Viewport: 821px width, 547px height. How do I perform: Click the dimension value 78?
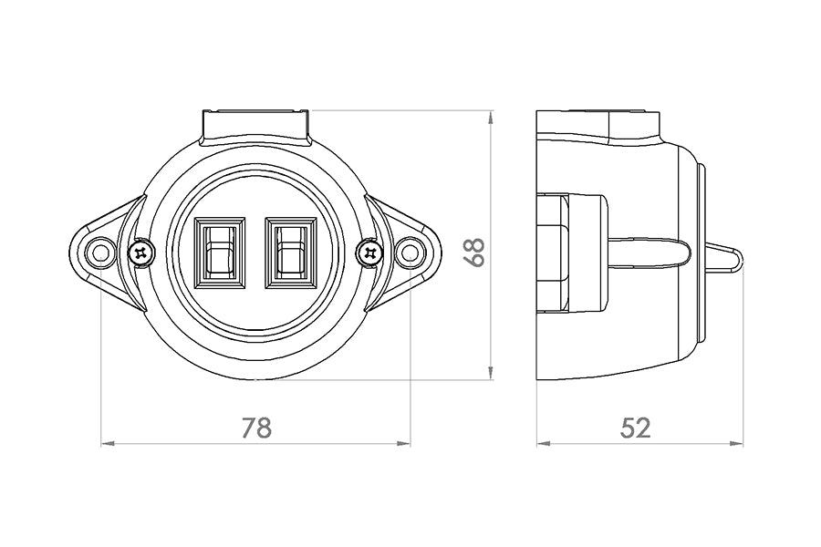click(257, 428)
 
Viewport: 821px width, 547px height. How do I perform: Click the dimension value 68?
click(475, 253)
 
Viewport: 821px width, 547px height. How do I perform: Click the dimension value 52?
click(636, 428)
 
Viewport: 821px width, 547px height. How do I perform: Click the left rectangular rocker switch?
click(219, 253)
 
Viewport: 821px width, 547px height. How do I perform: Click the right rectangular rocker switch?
click(291, 253)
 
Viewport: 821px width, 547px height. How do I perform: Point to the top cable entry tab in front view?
click(255, 127)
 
